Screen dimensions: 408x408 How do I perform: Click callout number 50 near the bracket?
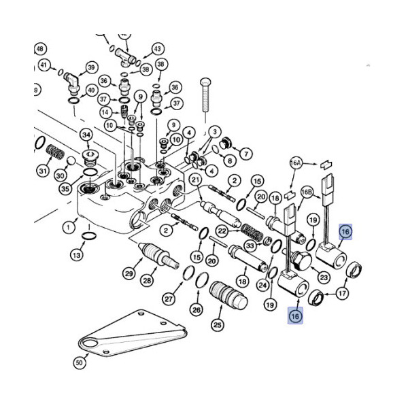pyautogui.click(x=79, y=363)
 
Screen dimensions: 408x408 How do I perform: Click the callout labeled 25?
pyautogui.click(x=217, y=325)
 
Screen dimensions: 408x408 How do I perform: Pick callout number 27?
pyautogui.click(x=169, y=297)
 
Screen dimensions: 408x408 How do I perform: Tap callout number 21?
pyautogui.click(x=194, y=180)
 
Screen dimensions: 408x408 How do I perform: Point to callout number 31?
pyautogui.click(x=44, y=171)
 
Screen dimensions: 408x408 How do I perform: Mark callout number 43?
pyautogui.click(x=157, y=49)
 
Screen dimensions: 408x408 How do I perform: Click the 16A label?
pyautogui.click(x=295, y=164)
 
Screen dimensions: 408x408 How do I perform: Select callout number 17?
pyautogui.click(x=342, y=294)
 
